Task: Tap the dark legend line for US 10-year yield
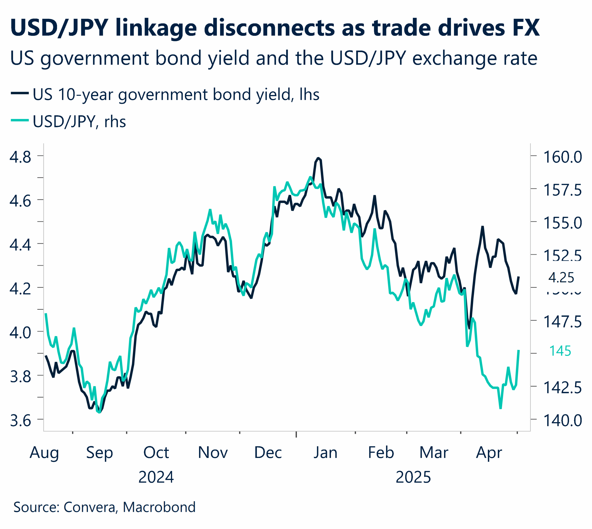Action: pos(20,93)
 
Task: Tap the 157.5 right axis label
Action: pos(562,190)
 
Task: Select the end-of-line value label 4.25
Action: pos(561,278)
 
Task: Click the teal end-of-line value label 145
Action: pos(560,351)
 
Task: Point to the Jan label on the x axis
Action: pos(325,453)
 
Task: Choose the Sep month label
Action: pos(99,453)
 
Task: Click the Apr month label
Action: pos(489,453)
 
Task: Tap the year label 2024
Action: pos(156,477)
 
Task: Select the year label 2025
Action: pos(413,477)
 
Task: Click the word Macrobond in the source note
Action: pos(159,507)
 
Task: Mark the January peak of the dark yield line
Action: pos(318,158)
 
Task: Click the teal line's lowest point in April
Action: pos(500,408)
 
